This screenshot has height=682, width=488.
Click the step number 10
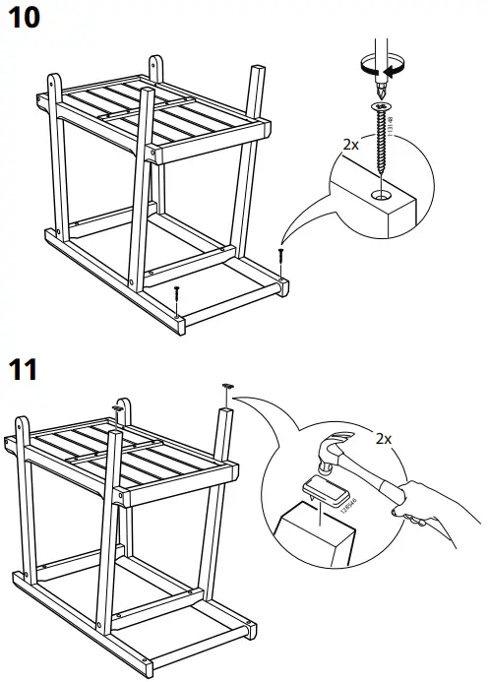pyautogui.click(x=27, y=21)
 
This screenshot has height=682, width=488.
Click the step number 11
pyautogui.click(x=25, y=371)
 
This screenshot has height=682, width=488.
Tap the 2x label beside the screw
pyautogui.click(x=350, y=144)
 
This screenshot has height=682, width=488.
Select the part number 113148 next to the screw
pyautogui.click(x=391, y=128)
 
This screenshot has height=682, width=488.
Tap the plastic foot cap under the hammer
pyautogui.click(x=322, y=490)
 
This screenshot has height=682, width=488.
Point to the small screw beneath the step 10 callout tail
pyautogui.click(x=281, y=255)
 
